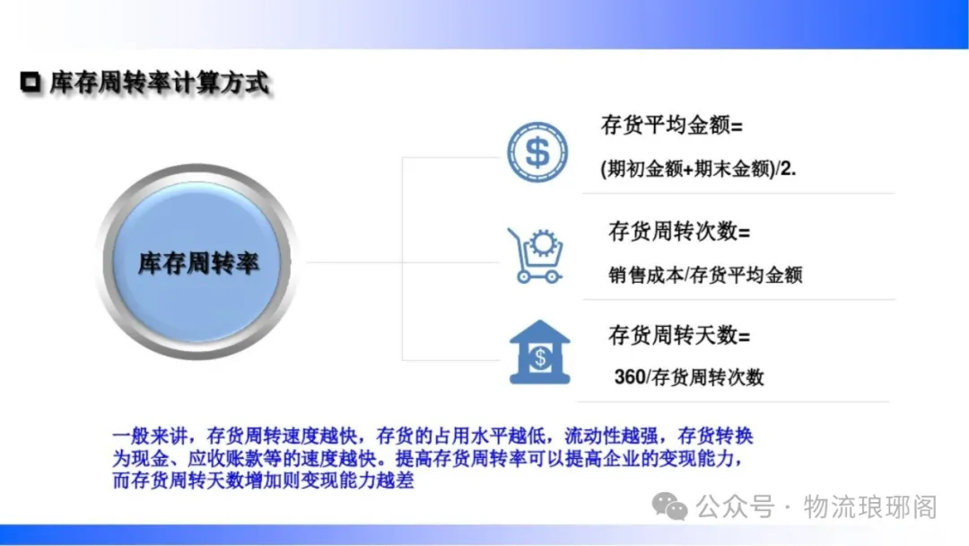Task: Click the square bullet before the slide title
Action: point(31,83)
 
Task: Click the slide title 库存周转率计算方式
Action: point(160,83)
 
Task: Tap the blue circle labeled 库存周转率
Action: point(196,261)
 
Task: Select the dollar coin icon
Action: point(537,152)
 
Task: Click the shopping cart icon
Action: point(535,256)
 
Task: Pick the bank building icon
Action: point(539,352)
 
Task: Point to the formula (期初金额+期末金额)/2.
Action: point(698,168)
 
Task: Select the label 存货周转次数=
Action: point(679,232)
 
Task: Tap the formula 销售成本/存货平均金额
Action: point(705,275)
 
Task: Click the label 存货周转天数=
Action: point(679,335)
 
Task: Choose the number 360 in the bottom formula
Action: point(630,376)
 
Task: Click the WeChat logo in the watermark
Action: point(670,506)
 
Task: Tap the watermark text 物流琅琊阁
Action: point(870,507)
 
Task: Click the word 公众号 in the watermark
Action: point(736,507)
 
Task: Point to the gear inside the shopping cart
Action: point(543,243)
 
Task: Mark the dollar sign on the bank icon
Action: point(540,357)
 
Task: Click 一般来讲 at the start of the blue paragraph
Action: point(150,436)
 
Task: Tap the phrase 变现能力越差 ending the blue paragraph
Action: point(357,480)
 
